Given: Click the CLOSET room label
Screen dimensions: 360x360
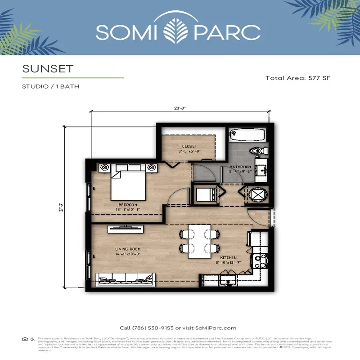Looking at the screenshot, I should (x=190, y=146).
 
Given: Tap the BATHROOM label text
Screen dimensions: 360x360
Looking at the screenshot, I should (x=240, y=167).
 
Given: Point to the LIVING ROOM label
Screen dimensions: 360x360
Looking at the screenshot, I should (x=128, y=249).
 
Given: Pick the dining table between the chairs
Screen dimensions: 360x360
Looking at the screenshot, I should (x=199, y=241).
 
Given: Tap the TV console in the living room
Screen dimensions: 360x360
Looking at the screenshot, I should (x=126, y=229).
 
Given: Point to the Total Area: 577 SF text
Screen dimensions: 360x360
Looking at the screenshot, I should (x=298, y=78).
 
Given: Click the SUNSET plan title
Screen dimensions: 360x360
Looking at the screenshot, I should (x=47, y=69).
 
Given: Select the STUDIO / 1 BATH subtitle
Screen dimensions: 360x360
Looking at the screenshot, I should (x=50, y=86).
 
